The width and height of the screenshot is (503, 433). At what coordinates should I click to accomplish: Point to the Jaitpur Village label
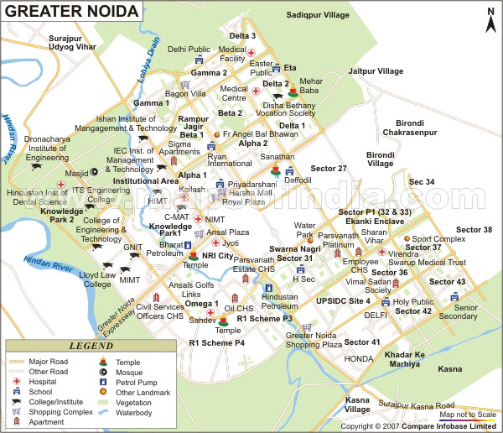click(x=376, y=71)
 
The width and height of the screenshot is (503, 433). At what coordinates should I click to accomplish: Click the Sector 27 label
click(x=329, y=169)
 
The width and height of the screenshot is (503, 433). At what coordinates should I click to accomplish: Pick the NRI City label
click(x=217, y=255)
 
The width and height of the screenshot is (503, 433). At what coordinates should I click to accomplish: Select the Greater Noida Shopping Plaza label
click(x=314, y=340)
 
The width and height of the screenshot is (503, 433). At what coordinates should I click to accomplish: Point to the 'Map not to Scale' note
click(x=468, y=415)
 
